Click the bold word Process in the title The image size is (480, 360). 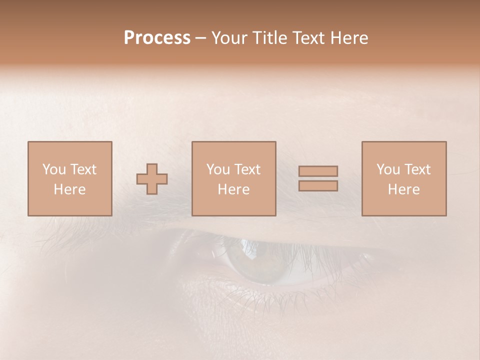pos(157,38)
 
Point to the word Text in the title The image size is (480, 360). pos(311,38)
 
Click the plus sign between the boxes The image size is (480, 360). pos(152,179)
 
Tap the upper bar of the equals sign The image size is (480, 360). pos(318,171)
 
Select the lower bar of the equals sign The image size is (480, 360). pos(318,186)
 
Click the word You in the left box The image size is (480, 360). pos(54,169)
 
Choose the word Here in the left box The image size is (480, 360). pos(69,189)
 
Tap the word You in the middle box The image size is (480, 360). pos(218,169)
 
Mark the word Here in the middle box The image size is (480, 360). pos(233,189)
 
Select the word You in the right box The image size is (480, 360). pos(388,169)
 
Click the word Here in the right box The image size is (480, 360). pos(403,189)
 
